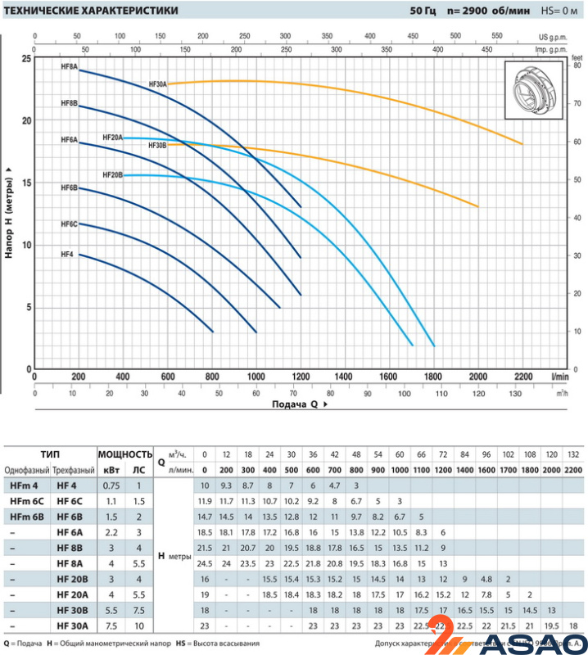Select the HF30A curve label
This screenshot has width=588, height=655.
tap(157, 84)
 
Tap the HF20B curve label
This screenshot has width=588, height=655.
tap(112, 175)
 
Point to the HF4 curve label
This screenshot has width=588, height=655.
tap(67, 255)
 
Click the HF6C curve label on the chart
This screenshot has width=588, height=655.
tap(69, 224)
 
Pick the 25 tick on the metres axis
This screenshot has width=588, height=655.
tap(26, 59)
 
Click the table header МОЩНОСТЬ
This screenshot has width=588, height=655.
tap(125, 454)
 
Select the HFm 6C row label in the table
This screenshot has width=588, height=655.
tap(26, 500)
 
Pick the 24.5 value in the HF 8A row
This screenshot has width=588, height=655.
tap(205, 563)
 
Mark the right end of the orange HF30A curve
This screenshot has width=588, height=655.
tap(522, 144)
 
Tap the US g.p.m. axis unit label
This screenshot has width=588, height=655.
tap(554, 38)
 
